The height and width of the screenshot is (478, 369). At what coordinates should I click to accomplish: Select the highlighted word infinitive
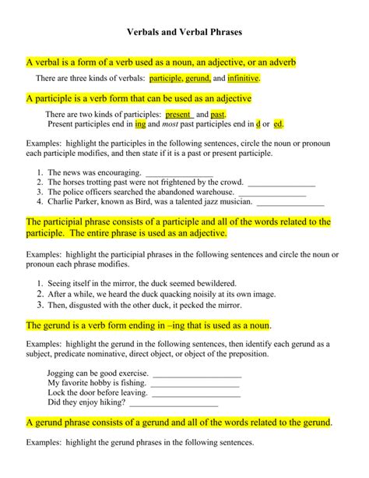[x=243, y=79]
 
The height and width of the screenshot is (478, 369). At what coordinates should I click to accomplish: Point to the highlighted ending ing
[x=140, y=124]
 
